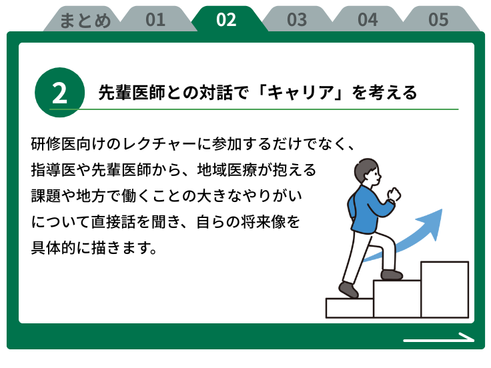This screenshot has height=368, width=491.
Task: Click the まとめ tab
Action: click(x=85, y=19)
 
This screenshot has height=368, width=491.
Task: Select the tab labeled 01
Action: click(x=155, y=19)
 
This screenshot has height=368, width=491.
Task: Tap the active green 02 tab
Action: click(x=226, y=19)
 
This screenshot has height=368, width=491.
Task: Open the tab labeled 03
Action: click(x=297, y=19)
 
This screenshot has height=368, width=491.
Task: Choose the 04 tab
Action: click(x=368, y=19)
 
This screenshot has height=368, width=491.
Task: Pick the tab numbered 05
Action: click(x=438, y=19)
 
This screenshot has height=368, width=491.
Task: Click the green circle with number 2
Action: click(x=59, y=93)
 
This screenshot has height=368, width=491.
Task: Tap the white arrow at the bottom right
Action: click(x=439, y=337)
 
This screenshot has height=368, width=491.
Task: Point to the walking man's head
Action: click(x=368, y=173)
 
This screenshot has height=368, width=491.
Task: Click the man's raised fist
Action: click(x=394, y=194)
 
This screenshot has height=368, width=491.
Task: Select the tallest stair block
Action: click(x=445, y=289)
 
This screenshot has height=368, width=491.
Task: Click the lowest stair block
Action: click(x=350, y=308)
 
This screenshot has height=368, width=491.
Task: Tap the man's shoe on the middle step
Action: click(x=392, y=275)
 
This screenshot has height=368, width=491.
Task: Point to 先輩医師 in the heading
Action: click(x=131, y=93)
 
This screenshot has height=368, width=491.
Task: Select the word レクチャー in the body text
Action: click(x=159, y=144)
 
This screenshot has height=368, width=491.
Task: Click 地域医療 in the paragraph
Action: click(x=227, y=170)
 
